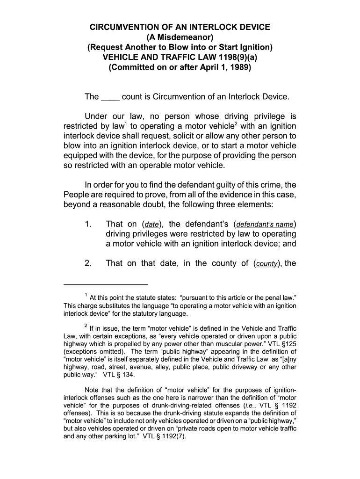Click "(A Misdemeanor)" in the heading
point(180,37)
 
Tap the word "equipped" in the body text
point(79,156)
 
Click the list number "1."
point(88,224)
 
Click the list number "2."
point(88,263)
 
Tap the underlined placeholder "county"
point(266,264)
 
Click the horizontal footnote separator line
point(106,284)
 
